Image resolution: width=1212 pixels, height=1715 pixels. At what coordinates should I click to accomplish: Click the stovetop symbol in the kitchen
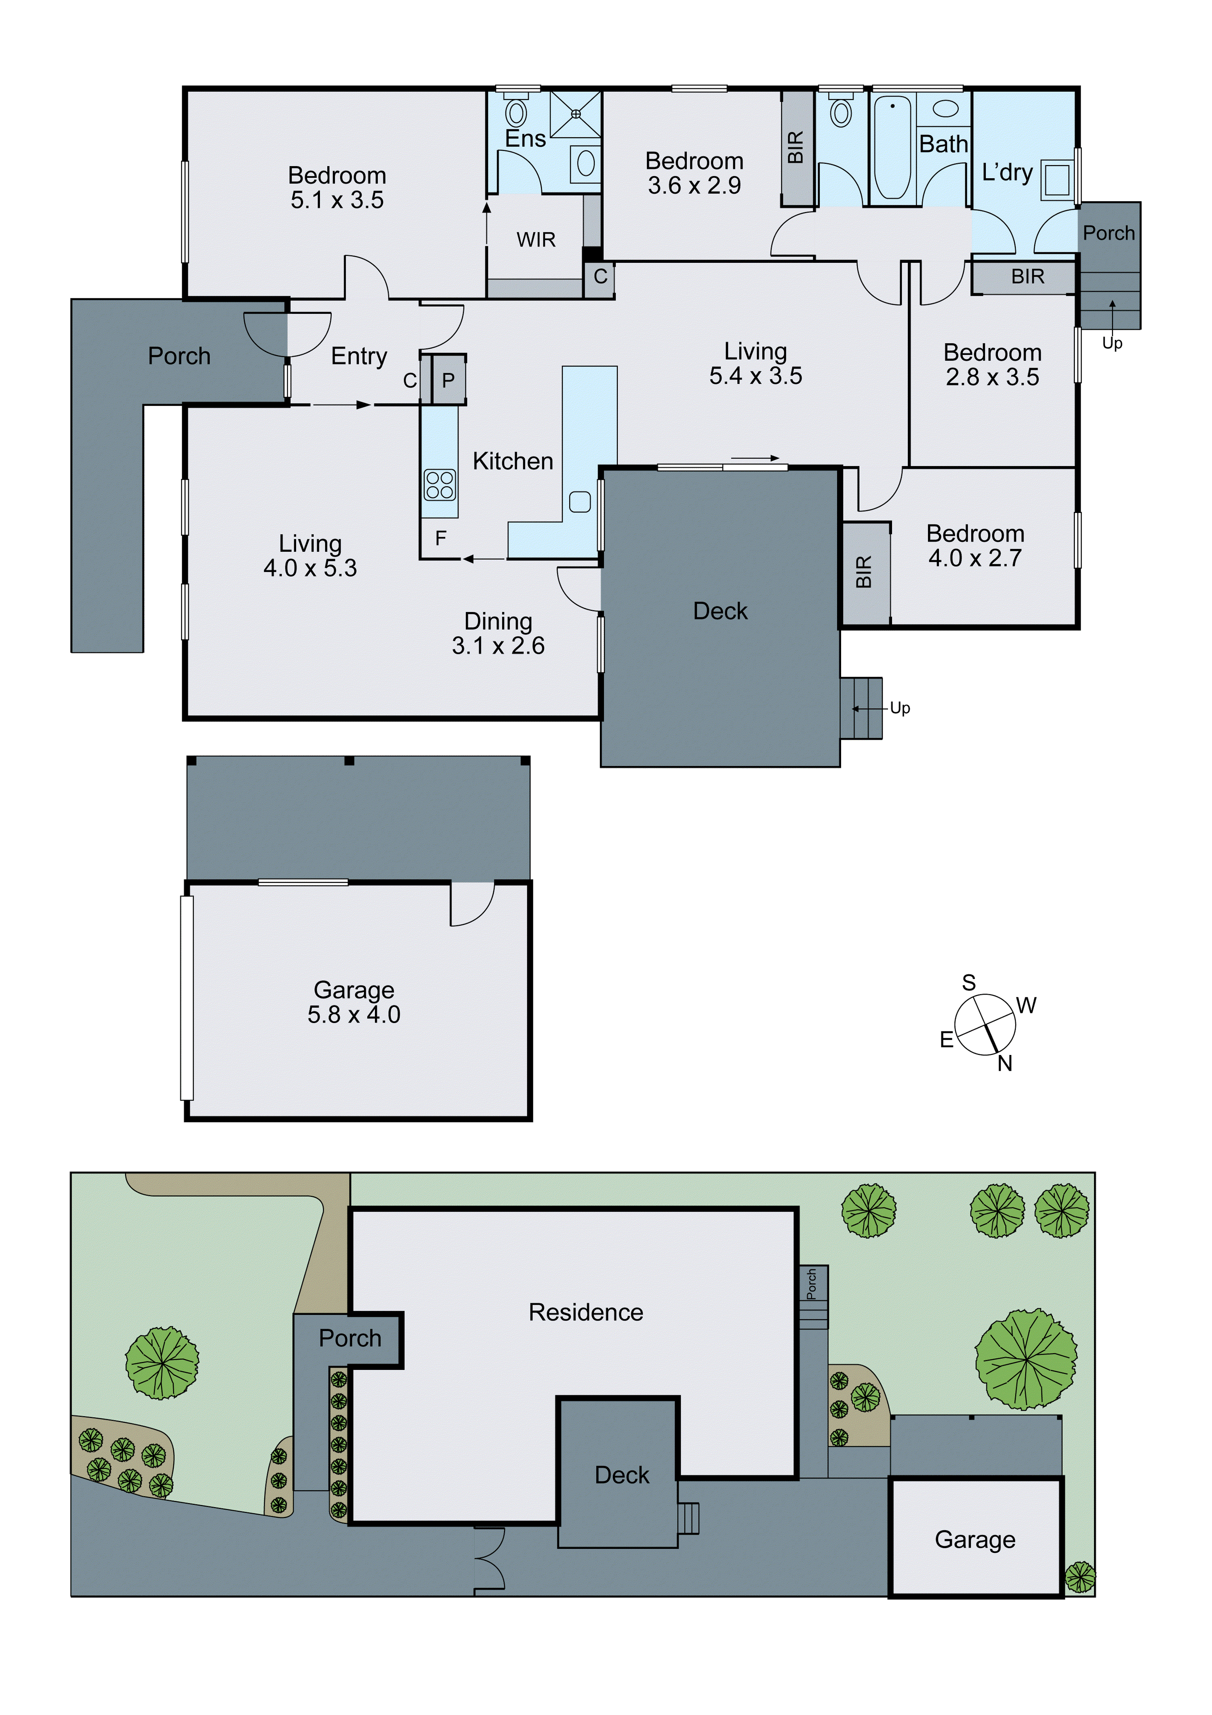tap(439, 484)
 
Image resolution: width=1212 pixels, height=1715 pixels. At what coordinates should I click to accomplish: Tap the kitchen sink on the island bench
tap(580, 502)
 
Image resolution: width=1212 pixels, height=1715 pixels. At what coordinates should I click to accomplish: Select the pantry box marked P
tap(448, 381)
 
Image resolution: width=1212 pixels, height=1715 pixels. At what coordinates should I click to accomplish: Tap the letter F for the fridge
tap(441, 538)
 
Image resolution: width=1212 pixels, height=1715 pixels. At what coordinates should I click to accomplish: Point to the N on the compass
tap(1004, 1064)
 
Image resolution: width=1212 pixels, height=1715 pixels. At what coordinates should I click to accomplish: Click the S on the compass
tap(968, 983)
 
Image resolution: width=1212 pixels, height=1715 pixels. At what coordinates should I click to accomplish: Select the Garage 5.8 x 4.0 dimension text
tap(354, 1015)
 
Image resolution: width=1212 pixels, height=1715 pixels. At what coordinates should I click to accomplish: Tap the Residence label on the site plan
tap(585, 1312)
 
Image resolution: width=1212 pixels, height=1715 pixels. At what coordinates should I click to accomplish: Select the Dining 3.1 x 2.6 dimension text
tap(498, 645)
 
